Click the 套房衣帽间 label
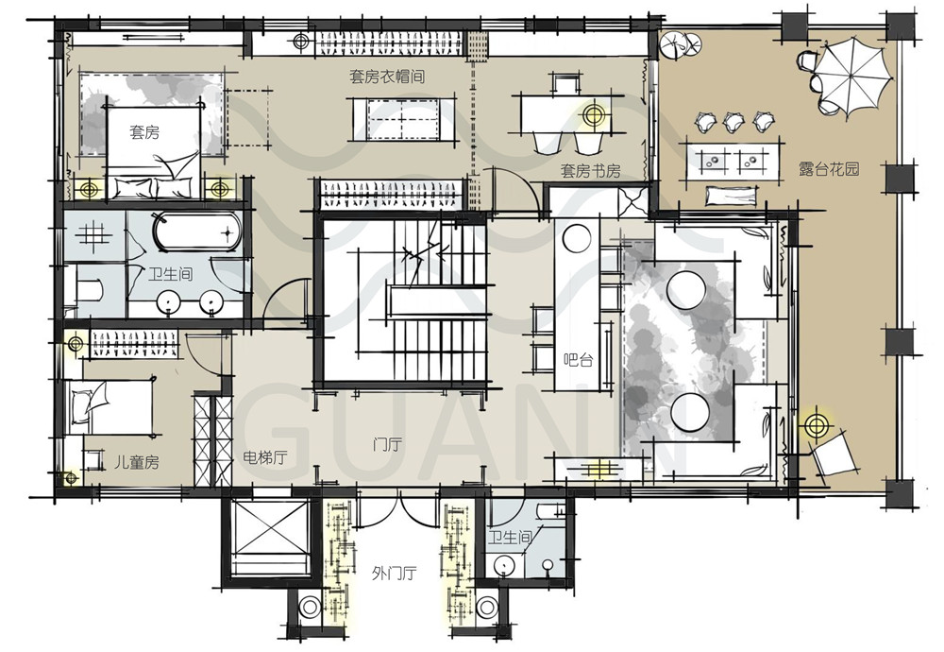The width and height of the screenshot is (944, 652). [x=387, y=77]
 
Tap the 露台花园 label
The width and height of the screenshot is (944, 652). [x=829, y=169]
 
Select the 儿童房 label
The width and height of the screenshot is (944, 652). [x=137, y=462]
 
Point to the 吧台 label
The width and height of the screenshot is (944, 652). [x=578, y=360]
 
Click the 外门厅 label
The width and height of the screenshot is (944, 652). [x=394, y=573]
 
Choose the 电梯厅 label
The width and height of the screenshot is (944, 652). [x=264, y=457]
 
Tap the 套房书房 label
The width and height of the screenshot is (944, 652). [x=590, y=171]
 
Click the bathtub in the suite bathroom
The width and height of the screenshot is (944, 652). [x=197, y=232]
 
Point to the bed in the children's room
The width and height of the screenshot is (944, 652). [x=110, y=407]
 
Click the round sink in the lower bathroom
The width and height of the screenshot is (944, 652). [x=503, y=566]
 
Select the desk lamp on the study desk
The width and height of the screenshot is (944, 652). [x=594, y=114]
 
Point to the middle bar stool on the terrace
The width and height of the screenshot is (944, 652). [x=733, y=122]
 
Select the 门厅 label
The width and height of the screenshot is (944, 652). [x=387, y=445]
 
